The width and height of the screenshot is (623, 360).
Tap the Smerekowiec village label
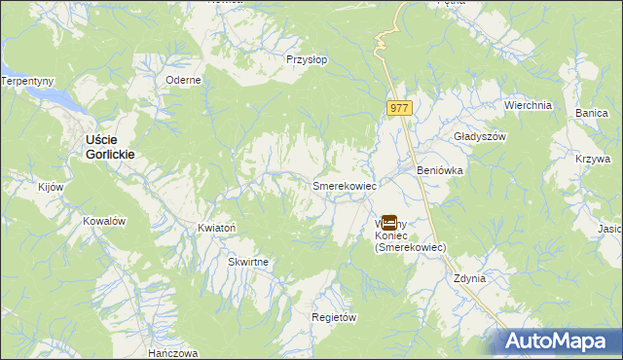click(x=344, y=184)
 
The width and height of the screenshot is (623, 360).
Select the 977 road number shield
click(x=398, y=109)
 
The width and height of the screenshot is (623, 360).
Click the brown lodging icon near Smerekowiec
click(x=388, y=223)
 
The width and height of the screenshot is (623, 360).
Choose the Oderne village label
click(x=183, y=80)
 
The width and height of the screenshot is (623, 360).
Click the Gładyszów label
click(x=481, y=137)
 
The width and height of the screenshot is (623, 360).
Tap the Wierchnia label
click(x=528, y=105)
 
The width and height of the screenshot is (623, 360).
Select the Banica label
click(x=591, y=114)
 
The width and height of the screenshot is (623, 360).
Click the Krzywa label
click(x=592, y=159)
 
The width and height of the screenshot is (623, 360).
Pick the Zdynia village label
click(x=469, y=278)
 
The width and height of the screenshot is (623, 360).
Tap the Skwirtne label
click(x=248, y=263)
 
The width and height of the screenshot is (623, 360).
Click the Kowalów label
click(x=104, y=221)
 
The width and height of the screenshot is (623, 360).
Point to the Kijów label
click(x=50, y=187)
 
